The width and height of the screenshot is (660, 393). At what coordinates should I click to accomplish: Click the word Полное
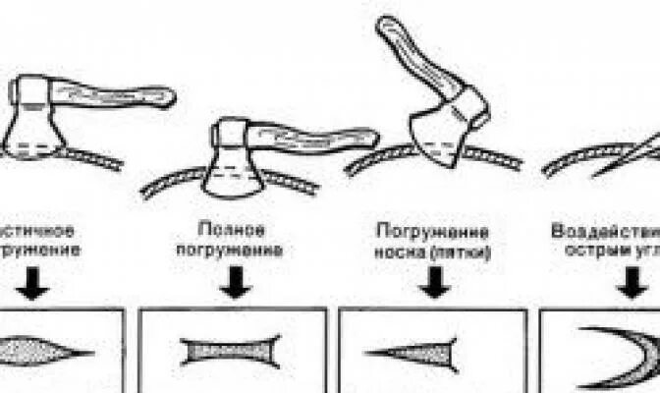click(x=231, y=230)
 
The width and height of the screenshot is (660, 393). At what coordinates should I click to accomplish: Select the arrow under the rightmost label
click(x=629, y=282)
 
